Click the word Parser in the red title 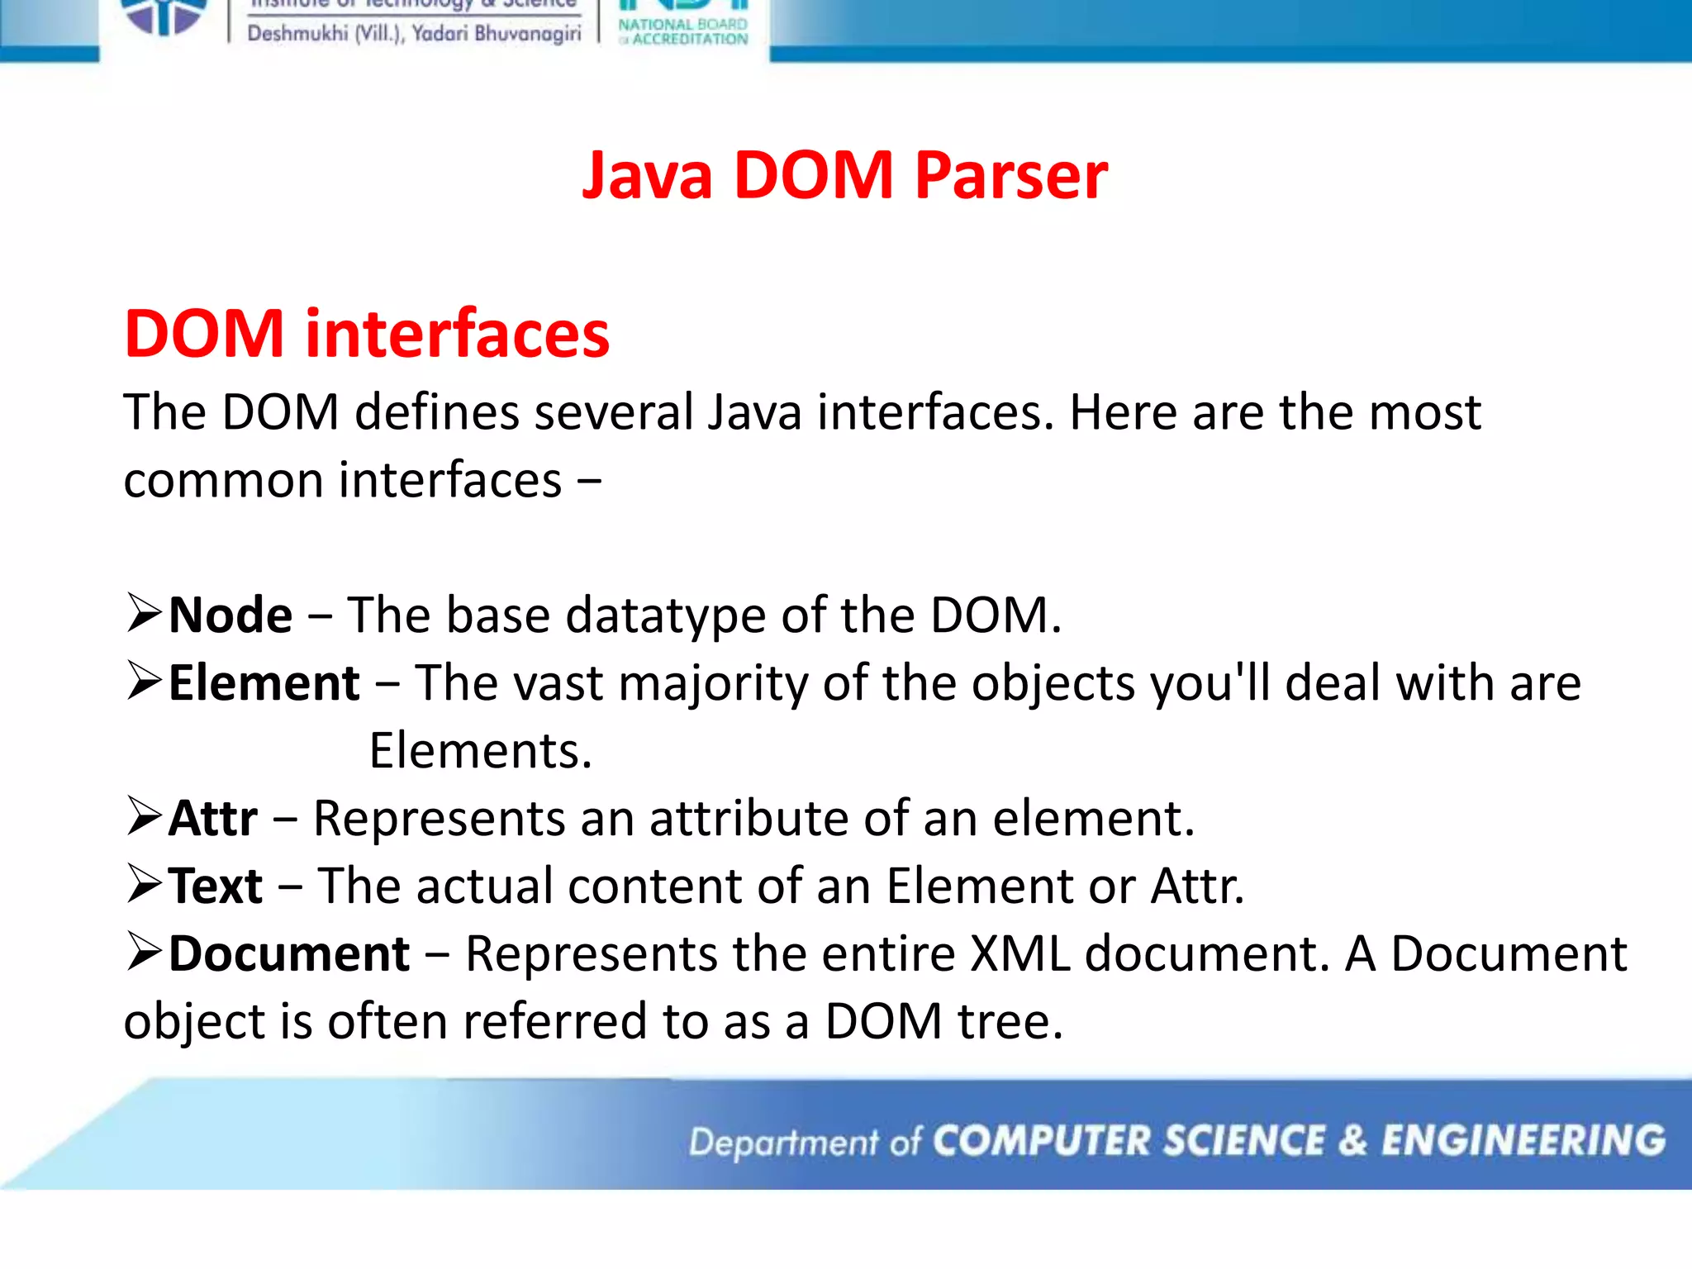[x=1010, y=176]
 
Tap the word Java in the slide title [x=647, y=176]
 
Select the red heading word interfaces [x=457, y=334]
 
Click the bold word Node [x=231, y=615]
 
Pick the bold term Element [x=264, y=683]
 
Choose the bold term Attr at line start [x=213, y=819]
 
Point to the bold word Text [x=216, y=886]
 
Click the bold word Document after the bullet [x=289, y=954]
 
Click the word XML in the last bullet [x=1019, y=954]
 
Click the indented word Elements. [x=480, y=751]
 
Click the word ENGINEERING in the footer [x=1523, y=1141]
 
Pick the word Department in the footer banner [x=784, y=1143]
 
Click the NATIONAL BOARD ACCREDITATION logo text [x=683, y=31]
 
